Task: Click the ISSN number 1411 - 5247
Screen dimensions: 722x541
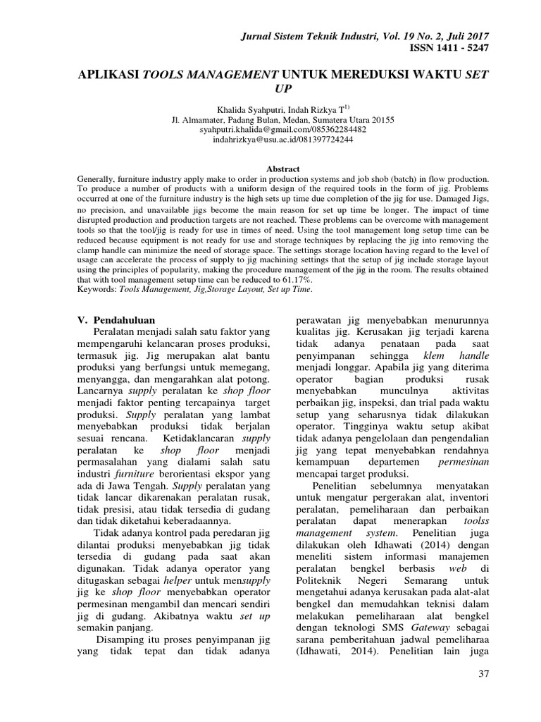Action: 448,48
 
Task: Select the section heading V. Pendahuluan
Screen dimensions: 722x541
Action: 117,319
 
